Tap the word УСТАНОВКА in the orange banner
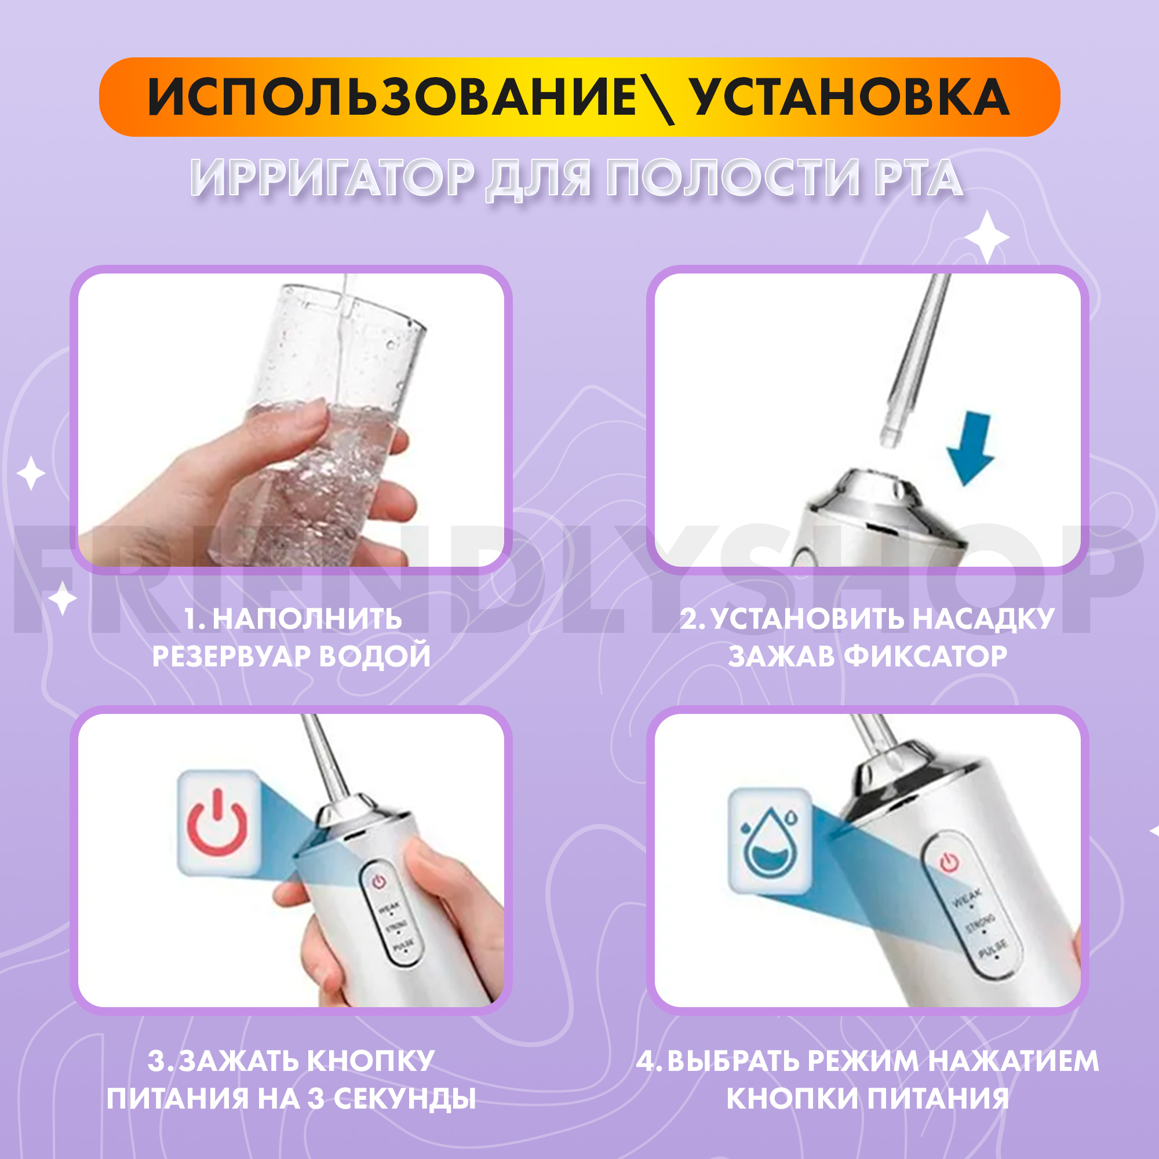850,97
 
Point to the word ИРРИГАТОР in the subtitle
332,178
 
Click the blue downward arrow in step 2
970,449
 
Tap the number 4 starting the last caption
646,1060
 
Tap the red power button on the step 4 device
949,862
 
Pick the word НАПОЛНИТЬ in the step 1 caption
307,618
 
